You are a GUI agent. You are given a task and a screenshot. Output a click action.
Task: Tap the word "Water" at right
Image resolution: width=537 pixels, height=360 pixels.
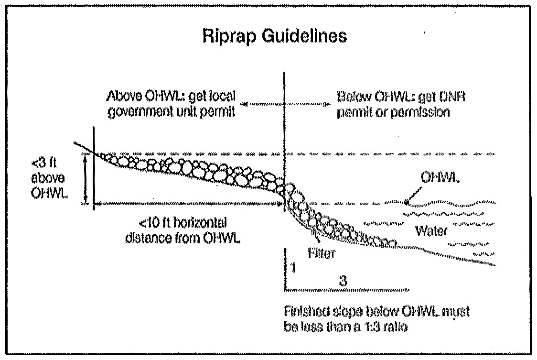coord(431,231)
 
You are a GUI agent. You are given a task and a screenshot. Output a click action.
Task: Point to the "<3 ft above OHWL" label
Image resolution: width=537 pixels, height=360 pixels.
coord(43,178)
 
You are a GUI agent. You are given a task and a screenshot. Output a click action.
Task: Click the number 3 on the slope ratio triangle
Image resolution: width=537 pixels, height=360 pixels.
coord(342,282)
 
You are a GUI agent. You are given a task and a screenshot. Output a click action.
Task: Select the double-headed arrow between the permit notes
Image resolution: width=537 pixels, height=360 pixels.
coord(285,103)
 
